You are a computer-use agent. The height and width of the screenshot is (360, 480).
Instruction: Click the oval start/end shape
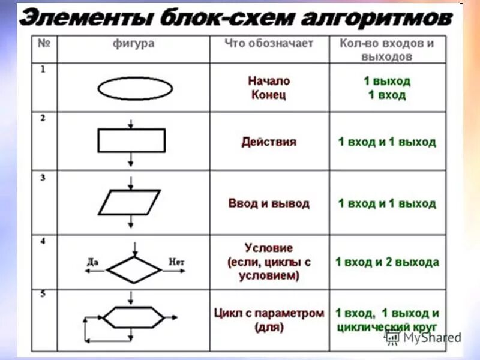click(134, 88)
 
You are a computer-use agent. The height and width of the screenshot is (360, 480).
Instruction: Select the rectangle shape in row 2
click(131, 140)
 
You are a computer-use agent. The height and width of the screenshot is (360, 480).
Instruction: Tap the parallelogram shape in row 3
click(130, 202)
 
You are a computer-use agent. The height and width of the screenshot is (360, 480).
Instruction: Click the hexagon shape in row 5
click(133, 316)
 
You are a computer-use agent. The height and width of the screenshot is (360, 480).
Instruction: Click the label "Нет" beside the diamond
click(176, 262)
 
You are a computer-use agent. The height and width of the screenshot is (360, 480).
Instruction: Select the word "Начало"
click(269, 81)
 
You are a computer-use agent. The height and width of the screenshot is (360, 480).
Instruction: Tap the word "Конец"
click(269, 95)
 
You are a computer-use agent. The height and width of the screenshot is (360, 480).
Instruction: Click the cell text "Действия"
click(269, 142)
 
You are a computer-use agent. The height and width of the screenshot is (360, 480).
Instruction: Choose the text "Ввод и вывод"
click(269, 203)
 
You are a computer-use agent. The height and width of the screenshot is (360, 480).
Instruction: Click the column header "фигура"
click(133, 44)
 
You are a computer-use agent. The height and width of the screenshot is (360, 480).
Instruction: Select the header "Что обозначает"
click(269, 44)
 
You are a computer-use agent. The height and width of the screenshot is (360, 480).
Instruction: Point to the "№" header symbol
click(43, 44)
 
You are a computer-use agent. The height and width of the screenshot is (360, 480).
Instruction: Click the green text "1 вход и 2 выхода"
click(387, 262)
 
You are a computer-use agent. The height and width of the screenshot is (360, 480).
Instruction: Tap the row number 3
click(43, 178)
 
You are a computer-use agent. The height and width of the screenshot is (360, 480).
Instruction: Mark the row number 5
click(43, 294)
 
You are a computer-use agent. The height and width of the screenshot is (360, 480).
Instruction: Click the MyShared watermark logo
click(424, 337)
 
